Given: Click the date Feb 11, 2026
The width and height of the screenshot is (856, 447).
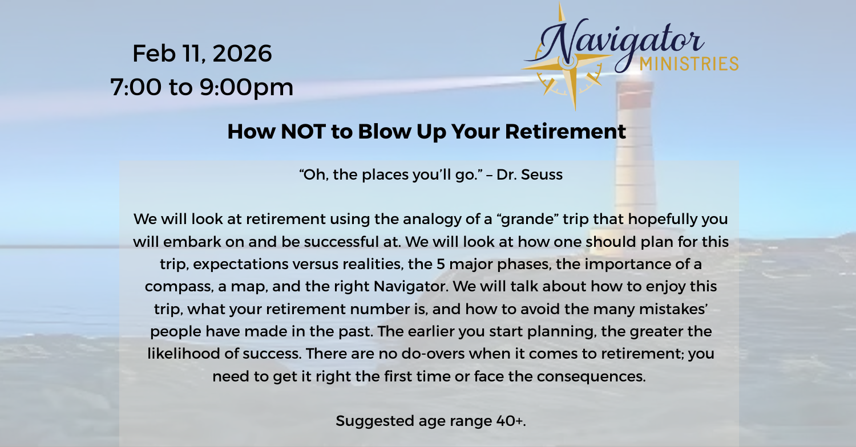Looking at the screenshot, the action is [x=202, y=54].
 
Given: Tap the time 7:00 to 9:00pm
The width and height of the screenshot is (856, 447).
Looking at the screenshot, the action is [x=202, y=87].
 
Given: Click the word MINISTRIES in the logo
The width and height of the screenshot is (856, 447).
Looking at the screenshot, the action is [x=689, y=64].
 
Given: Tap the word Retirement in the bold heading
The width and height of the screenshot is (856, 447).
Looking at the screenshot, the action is [x=565, y=132].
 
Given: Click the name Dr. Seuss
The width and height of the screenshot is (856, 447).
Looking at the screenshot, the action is [x=529, y=174].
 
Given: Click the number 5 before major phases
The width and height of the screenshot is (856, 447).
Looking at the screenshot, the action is [x=441, y=264].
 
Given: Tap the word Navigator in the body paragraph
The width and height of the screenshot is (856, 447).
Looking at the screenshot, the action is [x=411, y=287].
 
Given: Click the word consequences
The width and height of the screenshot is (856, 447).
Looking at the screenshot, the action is [x=591, y=377].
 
